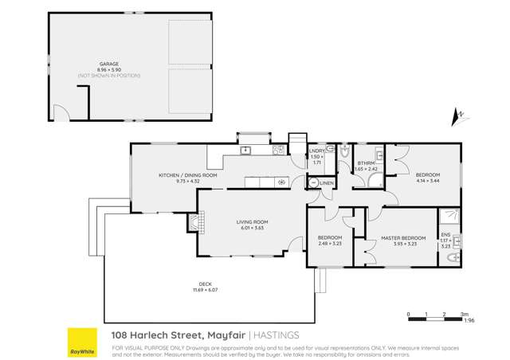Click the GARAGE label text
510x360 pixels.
click(x=109, y=63)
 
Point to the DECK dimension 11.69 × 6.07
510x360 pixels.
click(x=205, y=290)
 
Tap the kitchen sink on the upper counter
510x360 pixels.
click(x=246, y=150)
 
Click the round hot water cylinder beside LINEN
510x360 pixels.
click(x=312, y=182)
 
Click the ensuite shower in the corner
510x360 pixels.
click(x=449, y=215)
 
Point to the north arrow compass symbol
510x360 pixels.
click(x=457, y=118)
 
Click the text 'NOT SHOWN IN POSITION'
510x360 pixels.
click(x=109, y=75)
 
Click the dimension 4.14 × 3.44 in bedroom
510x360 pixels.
click(x=427, y=181)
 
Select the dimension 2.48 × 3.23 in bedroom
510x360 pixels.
click(x=329, y=244)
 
